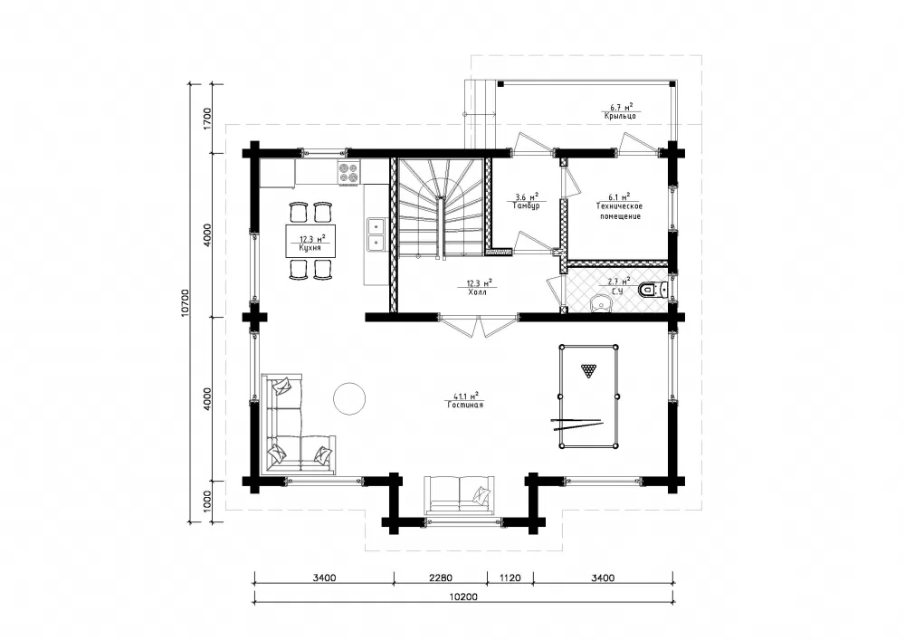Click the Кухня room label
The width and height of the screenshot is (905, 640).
(310, 247)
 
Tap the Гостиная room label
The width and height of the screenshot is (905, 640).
(464, 406)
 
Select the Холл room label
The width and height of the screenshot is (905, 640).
(477, 292)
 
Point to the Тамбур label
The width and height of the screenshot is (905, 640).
(526, 205)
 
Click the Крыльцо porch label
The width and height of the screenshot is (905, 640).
(621, 116)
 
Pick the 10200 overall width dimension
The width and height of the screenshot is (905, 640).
(462, 597)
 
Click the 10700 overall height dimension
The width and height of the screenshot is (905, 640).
(185, 302)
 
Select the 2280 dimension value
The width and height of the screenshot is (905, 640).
(441, 578)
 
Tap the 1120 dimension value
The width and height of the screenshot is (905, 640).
(510, 578)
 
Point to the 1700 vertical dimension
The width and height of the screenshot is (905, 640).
(208, 118)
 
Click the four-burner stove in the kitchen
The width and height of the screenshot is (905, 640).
(348, 173)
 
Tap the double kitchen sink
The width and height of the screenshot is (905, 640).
(376, 234)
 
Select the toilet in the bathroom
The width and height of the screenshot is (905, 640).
(654, 289)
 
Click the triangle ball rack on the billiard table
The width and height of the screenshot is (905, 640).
(588, 370)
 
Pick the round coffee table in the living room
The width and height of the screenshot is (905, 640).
(349, 399)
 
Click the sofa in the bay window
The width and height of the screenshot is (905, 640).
(459, 494)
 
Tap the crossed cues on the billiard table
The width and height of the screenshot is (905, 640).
(577, 425)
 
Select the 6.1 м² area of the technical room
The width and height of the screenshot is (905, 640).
(618, 196)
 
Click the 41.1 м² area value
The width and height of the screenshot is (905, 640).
(466, 396)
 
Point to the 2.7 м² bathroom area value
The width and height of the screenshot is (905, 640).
(618, 282)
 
